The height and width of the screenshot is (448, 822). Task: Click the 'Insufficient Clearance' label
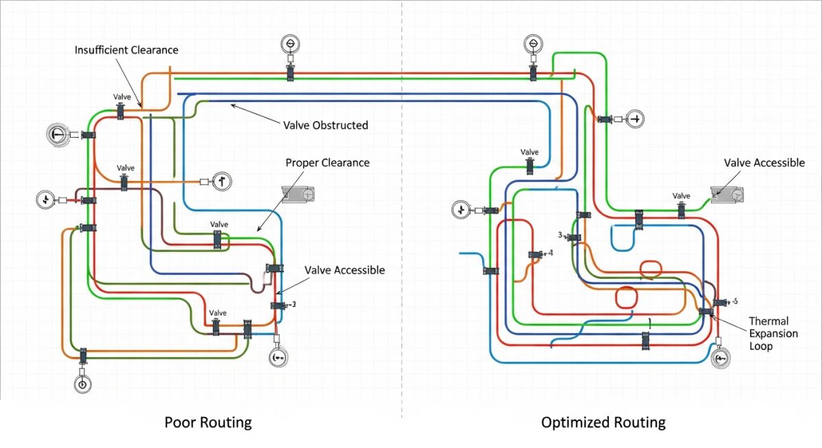pos(126,50)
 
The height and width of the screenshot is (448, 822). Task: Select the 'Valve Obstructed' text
pos(325,125)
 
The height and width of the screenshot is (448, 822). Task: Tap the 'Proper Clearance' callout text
pos(327,163)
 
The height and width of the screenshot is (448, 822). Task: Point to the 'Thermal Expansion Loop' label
pos(773,334)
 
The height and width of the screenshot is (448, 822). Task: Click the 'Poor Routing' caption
pos(208,422)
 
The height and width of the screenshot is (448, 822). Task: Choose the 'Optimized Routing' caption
pos(603,422)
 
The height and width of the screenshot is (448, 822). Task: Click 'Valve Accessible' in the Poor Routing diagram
pos(345,270)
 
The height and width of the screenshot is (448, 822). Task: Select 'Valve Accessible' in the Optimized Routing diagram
pos(764,163)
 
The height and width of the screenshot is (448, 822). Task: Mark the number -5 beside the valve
pos(734,301)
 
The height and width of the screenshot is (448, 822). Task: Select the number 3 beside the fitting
pos(560,235)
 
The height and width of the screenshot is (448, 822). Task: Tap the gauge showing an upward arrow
pos(222,182)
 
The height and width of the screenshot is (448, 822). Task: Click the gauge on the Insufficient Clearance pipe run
pos(290,45)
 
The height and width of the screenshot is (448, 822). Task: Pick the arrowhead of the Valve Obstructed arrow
pos(232,105)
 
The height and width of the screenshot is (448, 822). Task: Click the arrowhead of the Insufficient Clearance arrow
pos(141,107)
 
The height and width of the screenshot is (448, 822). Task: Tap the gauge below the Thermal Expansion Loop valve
pos(719,359)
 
